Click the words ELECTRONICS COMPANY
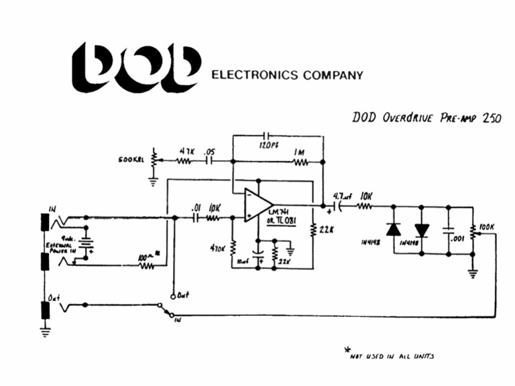coord(287,75)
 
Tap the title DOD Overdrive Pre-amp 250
coord(425,117)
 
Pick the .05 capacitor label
coord(209,151)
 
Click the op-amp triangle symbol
coord(257,204)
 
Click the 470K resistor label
coord(219,248)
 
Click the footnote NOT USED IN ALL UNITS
coord(395,356)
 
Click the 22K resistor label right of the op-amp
coord(327,230)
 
